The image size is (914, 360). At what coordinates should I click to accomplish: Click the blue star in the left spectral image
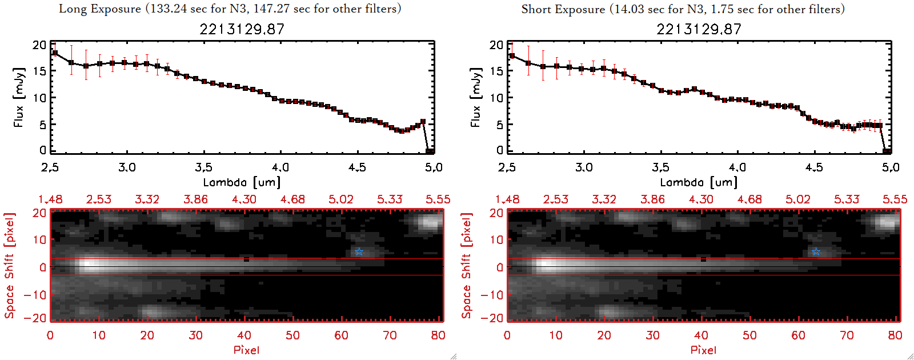click(x=359, y=252)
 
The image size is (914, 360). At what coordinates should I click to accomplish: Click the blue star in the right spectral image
click(x=816, y=252)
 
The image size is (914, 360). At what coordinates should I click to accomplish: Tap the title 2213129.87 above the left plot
click(x=242, y=29)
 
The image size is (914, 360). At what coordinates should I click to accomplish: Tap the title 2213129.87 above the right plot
click(x=699, y=29)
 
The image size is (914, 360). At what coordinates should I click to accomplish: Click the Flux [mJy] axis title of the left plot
click(x=19, y=97)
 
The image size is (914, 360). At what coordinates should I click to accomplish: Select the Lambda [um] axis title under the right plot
click(x=699, y=182)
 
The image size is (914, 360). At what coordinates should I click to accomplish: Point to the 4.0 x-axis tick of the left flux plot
click(x=280, y=167)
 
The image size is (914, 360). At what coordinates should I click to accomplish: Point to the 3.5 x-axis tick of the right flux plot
click(x=660, y=167)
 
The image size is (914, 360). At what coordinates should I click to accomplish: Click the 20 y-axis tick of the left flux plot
click(x=39, y=45)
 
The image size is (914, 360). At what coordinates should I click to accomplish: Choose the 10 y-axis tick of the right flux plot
click(x=496, y=98)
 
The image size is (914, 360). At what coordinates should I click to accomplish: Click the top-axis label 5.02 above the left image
click(x=341, y=199)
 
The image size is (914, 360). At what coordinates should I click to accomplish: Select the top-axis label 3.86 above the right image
click(x=652, y=199)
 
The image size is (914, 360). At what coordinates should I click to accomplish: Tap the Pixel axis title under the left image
click(x=246, y=350)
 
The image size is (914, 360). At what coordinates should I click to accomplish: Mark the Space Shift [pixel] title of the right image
click(x=467, y=266)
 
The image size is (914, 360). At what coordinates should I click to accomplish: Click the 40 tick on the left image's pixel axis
click(x=244, y=335)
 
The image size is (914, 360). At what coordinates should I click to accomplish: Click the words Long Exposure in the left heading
click(x=100, y=9)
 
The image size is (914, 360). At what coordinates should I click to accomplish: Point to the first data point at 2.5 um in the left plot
click(x=55, y=53)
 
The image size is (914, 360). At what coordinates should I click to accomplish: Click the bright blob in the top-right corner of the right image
click(x=887, y=222)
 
